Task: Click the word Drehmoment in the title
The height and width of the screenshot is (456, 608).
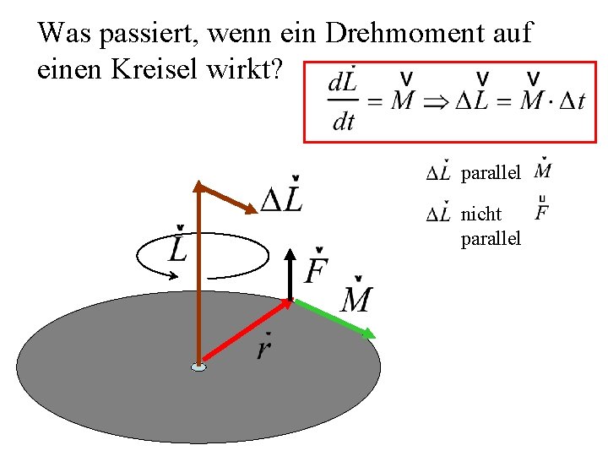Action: click(398, 34)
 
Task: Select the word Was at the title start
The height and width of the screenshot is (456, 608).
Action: click(64, 34)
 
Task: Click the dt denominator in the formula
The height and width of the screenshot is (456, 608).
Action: click(344, 122)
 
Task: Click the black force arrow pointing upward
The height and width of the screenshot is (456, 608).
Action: click(290, 274)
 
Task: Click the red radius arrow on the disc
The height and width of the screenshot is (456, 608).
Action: click(245, 333)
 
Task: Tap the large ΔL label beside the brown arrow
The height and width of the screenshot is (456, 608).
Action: click(282, 198)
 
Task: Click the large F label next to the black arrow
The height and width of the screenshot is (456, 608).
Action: click(316, 269)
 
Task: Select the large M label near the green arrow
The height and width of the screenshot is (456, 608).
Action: click(356, 297)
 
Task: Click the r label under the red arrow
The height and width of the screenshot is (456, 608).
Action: click(264, 347)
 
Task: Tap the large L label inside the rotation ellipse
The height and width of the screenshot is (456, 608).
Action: click(178, 247)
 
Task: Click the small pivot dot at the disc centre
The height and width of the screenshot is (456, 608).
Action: click(198, 367)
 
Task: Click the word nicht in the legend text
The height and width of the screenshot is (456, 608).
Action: click(481, 214)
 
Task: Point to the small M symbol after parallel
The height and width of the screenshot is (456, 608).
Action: click(544, 171)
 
